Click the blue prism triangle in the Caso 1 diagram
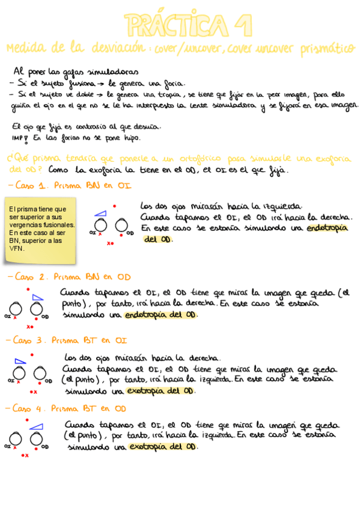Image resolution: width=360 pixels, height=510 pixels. click(x=102, y=213)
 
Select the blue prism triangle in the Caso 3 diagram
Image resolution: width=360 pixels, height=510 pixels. click(x=20, y=361)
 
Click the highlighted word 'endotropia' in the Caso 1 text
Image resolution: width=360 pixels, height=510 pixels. click(x=328, y=228)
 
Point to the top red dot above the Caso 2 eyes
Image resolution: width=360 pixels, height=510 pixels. click(x=28, y=290)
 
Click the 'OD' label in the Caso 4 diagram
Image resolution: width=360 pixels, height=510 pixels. click(x=45, y=447)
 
